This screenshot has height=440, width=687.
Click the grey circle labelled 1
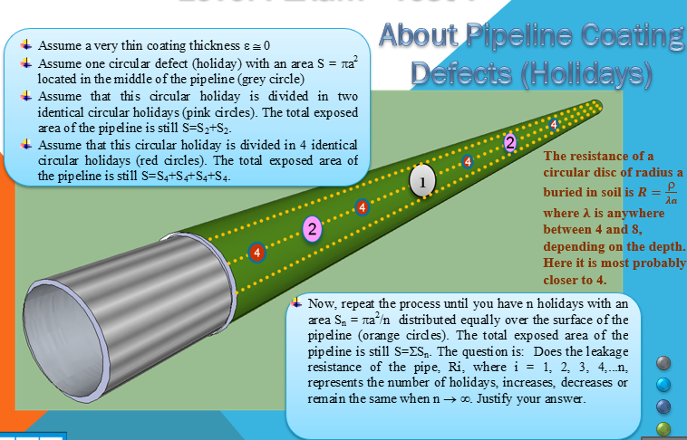click(x=423, y=181)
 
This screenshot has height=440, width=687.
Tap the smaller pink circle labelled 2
click(x=510, y=142)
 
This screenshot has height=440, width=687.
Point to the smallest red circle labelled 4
click(x=553, y=122)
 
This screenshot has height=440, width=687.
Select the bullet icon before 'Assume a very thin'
click(x=24, y=42)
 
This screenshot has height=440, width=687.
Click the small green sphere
click(x=663, y=427)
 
